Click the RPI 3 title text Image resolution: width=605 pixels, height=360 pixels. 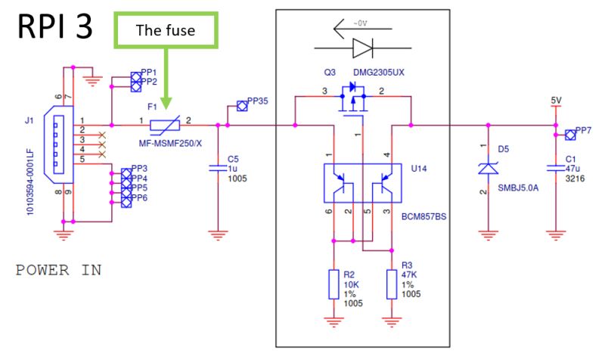coord(54,27)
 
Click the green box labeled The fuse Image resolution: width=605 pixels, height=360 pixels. coord(166,31)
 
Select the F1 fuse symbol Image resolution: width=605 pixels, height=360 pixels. coord(166,125)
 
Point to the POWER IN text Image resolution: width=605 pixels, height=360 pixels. coord(58,270)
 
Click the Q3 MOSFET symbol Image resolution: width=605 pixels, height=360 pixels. coord(351,101)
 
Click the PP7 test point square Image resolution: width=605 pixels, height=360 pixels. coord(571,135)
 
